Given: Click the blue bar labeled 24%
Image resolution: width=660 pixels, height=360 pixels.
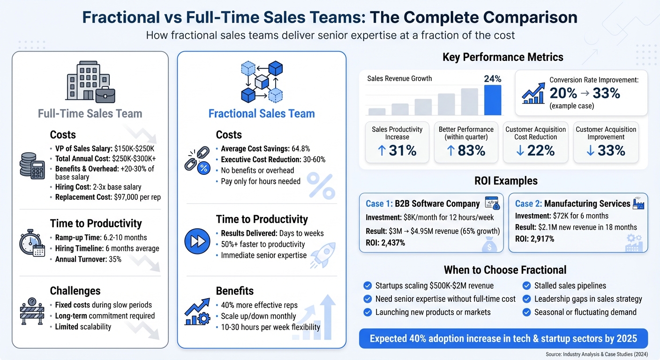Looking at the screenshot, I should click(x=492, y=99).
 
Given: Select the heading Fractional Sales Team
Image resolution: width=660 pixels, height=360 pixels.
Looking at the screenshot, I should click(x=262, y=113).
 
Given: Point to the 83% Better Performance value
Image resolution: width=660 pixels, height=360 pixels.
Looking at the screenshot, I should click(x=466, y=150).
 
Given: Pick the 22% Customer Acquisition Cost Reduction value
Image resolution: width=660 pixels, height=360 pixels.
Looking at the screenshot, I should click(x=535, y=150).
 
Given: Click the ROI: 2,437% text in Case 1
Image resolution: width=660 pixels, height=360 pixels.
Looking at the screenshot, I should click(x=385, y=242).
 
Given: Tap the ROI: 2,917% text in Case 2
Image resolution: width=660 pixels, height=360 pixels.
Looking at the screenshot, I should click(x=534, y=239).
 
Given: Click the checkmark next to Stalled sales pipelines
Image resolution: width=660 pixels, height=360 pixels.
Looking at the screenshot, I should click(x=526, y=285).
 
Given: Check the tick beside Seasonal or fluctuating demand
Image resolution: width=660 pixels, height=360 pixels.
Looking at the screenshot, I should click(x=526, y=312).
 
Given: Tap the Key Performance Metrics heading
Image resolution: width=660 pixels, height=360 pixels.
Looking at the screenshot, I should click(x=502, y=57).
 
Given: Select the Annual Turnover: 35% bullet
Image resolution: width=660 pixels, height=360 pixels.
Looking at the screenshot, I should click(x=88, y=259).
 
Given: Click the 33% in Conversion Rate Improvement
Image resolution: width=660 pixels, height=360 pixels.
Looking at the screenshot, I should click(x=607, y=93).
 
